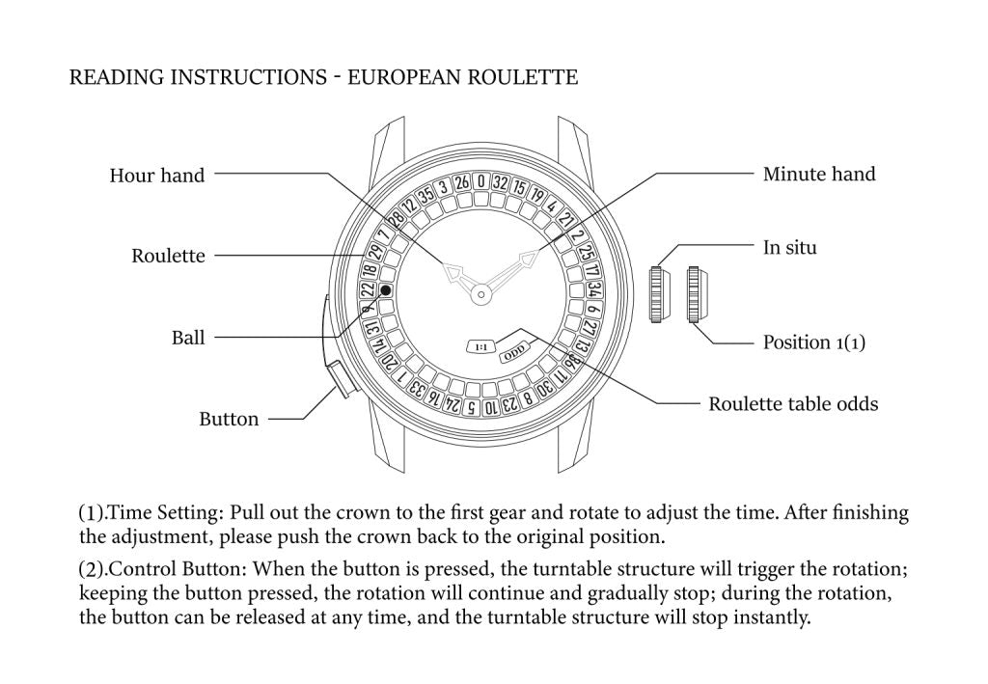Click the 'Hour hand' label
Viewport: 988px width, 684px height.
(x=156, y=176)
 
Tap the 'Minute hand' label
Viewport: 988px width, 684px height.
(x=819, y=175)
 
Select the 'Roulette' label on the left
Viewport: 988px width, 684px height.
(x=168, y=256)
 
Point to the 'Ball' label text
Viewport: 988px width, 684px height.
(x=188, y=338)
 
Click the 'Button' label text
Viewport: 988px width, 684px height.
(x=229, y=420)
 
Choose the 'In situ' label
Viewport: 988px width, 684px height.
(x=789, y=248)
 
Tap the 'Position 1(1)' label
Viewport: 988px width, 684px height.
(x=813, y=342)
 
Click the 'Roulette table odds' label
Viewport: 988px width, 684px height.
(x=793, y=404)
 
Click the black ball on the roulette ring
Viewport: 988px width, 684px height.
(x=386, y=289)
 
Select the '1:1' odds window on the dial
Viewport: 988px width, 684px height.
(x=480, y=345)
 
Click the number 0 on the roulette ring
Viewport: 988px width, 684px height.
(x=480, y=181)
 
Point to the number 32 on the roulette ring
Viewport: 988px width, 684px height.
(x=499, y=182)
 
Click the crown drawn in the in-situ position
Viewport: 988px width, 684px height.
(x=658, y=294)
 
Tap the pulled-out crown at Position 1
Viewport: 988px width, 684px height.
(x=696, y=294)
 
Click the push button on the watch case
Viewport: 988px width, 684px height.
(x=341, y=378)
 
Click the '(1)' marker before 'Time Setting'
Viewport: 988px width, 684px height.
(x=91, y=512)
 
